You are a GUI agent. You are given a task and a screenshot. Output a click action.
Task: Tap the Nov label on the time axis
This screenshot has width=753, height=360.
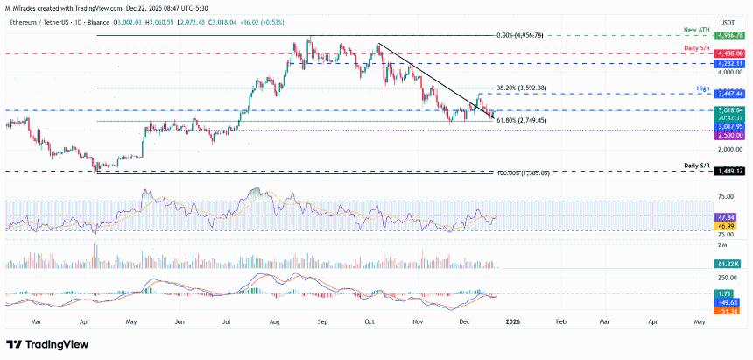pyautogui.click(x=417, y=321)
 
